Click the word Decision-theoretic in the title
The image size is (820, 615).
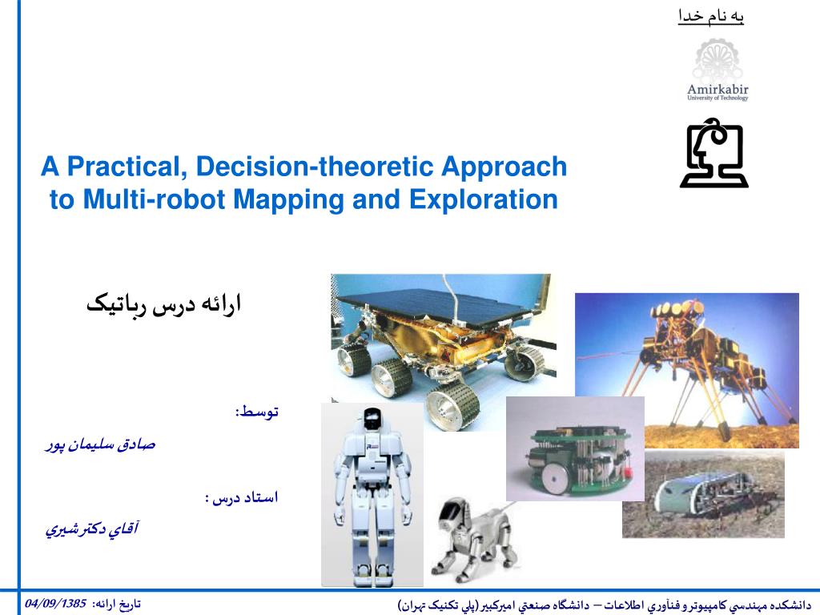tap(317, 167)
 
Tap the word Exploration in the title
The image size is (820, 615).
tap(484, 199)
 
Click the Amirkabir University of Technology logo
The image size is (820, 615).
tap(717, 70)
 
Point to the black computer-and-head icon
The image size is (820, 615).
tap(714, 153)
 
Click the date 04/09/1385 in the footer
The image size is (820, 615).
tap(55, 604)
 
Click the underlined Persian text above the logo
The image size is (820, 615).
tap(711, 17)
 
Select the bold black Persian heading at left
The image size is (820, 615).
tap(163, 304)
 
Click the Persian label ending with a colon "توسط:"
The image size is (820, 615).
tap(257, 412)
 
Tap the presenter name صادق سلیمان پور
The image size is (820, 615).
tap(100, 445)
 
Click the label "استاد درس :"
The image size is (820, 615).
tap(242, 497)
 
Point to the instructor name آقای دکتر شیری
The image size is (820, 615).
tap(92, 529)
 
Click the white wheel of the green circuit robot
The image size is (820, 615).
tap(553, 476)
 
